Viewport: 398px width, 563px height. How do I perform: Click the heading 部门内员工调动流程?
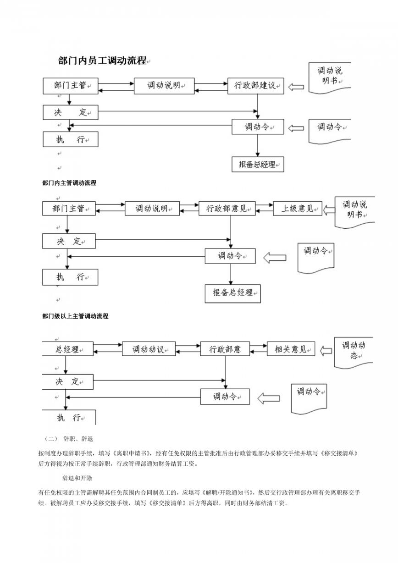[102, 61]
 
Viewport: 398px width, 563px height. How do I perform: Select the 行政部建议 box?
[256, 86]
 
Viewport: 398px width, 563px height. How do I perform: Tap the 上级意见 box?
[298, 208]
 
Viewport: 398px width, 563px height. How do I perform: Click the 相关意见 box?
[291, 348]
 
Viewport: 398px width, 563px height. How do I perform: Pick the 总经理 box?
[67, 348]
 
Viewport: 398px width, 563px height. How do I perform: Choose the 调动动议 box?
[149, 348]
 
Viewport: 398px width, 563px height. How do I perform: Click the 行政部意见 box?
[227, 208]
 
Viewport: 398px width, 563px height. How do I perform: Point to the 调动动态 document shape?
[353, 353]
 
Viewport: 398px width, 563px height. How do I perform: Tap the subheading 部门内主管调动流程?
[69, 183]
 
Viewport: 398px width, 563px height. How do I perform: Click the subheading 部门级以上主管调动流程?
[75, 316]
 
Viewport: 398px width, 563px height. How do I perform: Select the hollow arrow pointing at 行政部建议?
[296, 87]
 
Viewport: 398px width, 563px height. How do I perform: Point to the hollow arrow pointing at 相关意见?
[326, 351]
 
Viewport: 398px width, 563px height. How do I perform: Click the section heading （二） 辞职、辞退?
[69, 439]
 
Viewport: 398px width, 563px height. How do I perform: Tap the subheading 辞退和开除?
[77, 478]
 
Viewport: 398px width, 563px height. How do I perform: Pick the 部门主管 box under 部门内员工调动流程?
[71, 86]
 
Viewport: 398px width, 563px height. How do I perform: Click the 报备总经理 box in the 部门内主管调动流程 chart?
[232, 293]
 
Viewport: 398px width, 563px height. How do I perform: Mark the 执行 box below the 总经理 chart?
[69, 418]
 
